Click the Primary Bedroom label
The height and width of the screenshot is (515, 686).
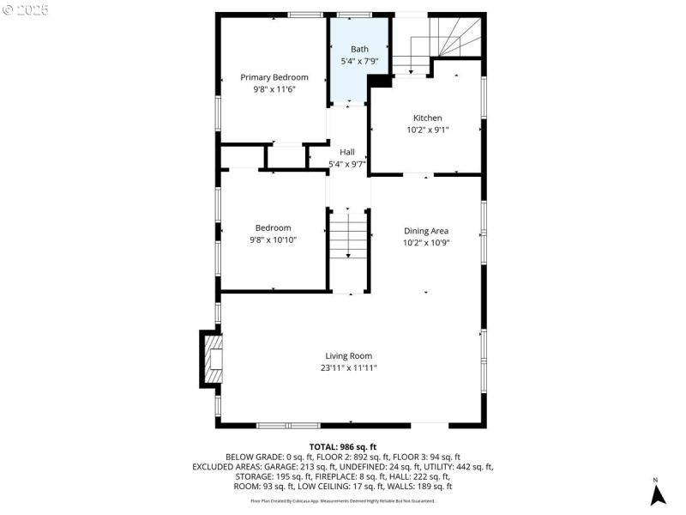pos(274,77)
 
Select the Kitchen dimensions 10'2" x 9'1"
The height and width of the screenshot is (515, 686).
pos(428,130)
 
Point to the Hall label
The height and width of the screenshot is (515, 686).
pos(347,152)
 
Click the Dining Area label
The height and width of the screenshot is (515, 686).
pos(426,231)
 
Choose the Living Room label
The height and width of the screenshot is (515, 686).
pos(348,355)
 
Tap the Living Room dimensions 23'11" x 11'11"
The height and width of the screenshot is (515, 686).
pos(348,367)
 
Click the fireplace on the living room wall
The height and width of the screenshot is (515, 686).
pos(213,359)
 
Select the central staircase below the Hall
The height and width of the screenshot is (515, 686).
pos(348,235)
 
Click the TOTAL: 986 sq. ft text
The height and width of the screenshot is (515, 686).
pos(343,447)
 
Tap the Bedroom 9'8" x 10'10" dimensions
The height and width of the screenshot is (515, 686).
pos(274,239)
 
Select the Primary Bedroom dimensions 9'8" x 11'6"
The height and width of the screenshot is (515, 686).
pos(274,89)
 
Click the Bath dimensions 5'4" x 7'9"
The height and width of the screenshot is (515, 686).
pos(359,62)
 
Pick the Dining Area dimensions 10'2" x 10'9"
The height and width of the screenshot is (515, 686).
pos(426,242)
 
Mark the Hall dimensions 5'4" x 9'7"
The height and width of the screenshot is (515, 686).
pos(347,164)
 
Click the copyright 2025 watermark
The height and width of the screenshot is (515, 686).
pos(26,9)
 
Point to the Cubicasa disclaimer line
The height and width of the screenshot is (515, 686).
pos(343,500)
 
